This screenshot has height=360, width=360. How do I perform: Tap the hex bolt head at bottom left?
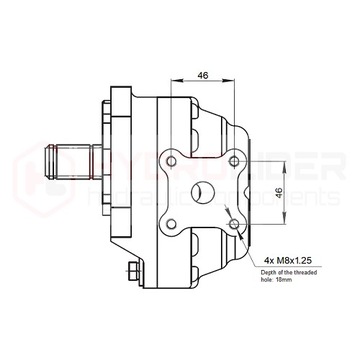[134, 272]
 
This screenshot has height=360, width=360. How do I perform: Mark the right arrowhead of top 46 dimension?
[232, 82]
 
